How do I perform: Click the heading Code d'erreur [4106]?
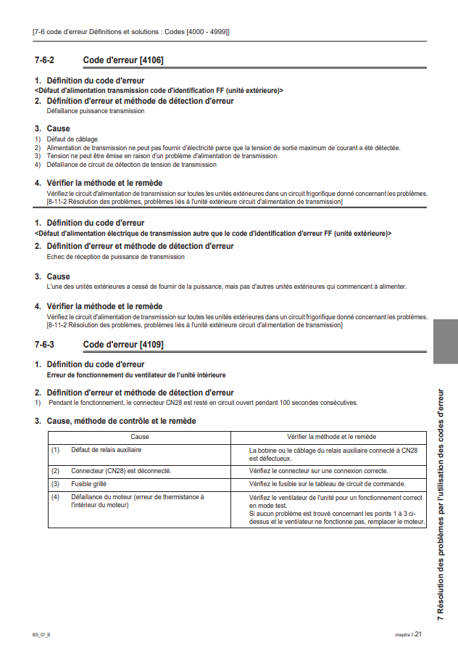123,60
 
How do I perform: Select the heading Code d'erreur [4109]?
123,344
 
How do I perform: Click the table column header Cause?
139,437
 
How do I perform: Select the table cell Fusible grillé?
92,483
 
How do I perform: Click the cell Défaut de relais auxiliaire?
106,451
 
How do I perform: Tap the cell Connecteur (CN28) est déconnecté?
121,470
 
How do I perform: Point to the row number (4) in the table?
55,496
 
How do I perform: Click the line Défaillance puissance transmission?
95,111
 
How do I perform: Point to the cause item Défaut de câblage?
72,139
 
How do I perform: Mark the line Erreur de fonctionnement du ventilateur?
136,374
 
